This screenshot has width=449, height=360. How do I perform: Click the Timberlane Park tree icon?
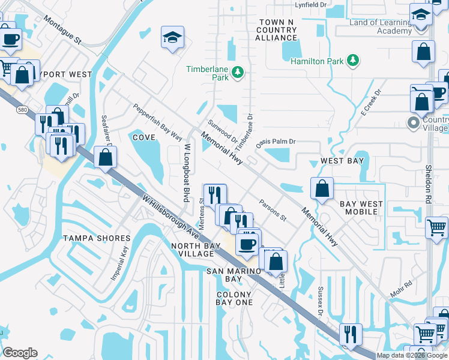238,73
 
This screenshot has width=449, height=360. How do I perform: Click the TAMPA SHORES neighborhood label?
96,238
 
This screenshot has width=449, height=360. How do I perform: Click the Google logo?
20,353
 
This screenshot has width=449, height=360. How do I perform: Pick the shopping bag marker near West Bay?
322,188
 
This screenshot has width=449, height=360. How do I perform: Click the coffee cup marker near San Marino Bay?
247,244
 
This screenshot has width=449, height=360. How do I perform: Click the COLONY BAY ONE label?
235,298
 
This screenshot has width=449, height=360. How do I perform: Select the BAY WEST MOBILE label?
361,208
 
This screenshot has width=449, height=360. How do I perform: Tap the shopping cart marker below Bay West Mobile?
436,227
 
